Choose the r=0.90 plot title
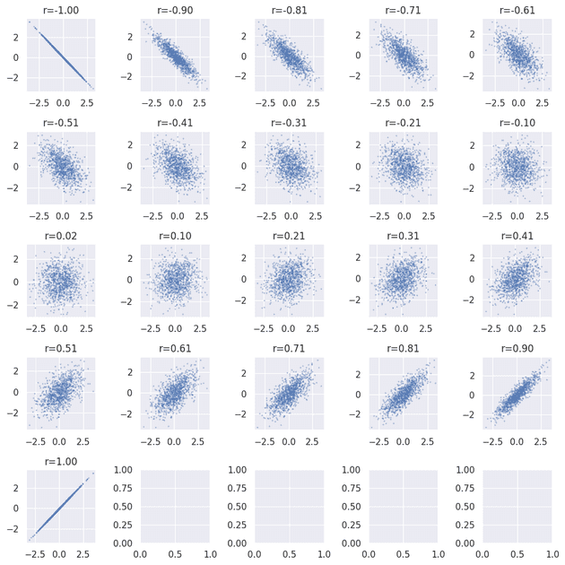click(517, 348)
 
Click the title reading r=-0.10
click(517, 124)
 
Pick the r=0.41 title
click(517, 236)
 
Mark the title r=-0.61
click(517, 12)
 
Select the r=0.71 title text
click(289, 348)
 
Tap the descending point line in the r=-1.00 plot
click(59, 56)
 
